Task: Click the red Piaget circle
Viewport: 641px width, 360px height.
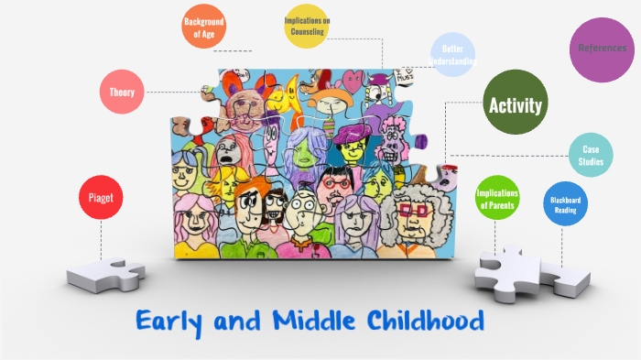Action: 101,197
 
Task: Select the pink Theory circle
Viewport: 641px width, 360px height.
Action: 122,93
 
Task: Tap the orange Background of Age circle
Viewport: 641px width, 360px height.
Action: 204,27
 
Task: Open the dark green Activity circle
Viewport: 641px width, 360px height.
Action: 516,104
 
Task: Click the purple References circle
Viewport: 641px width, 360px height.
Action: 602,49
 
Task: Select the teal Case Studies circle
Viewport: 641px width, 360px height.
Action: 591,155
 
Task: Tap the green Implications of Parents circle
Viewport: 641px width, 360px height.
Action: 498,199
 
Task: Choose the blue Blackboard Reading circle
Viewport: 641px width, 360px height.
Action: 565,204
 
